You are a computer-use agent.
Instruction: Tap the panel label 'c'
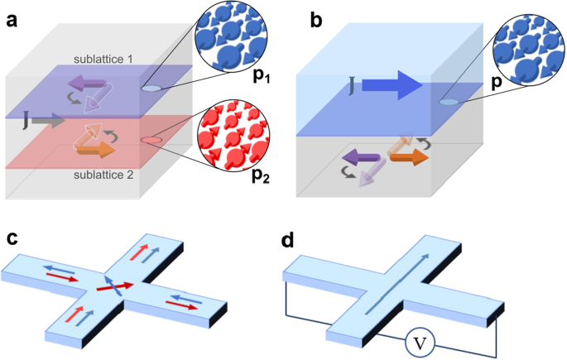[12, 238]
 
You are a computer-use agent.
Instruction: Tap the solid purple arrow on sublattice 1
[91, 82]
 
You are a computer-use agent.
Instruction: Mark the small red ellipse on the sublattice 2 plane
[152, 141]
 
